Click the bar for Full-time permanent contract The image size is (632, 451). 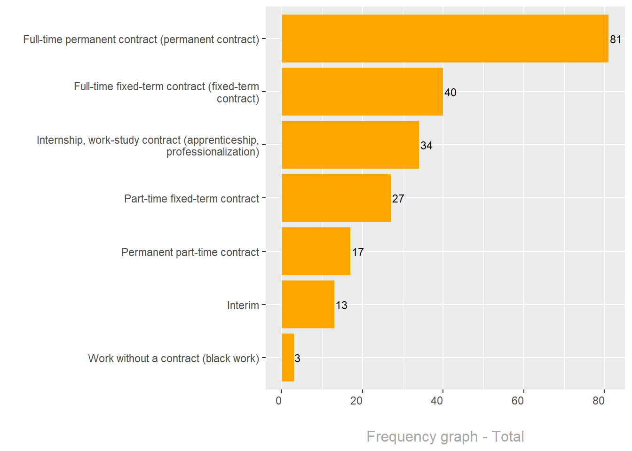(x=444, y=39)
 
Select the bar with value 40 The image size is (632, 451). (x=362, y=92)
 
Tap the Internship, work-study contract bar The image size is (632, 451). (x=350, y=145)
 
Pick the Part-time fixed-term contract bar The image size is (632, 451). (x=336, y=198)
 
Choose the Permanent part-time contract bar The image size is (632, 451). (x=316, y=251)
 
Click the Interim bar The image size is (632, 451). (x=308, y=304)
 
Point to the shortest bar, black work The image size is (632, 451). (x=287, y=358)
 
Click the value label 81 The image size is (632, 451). (x=616, y=39)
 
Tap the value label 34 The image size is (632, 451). (x=426, y=146)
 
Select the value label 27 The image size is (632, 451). (x=398, y=199)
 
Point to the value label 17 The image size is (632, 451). (x=358, y=252)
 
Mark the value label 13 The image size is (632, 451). (x=341, y=305)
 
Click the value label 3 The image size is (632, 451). (x=297, y=358)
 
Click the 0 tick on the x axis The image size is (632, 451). (x=279, y=401)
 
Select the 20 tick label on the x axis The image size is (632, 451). (x=356, y=401)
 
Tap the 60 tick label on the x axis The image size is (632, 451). (x=517, y=401)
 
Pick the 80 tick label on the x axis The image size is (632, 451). (x=598, y=401)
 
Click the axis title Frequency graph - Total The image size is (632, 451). (x=445, y=436)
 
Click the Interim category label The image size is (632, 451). (x=243, y=305)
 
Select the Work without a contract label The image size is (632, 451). (x=174, y=358)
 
